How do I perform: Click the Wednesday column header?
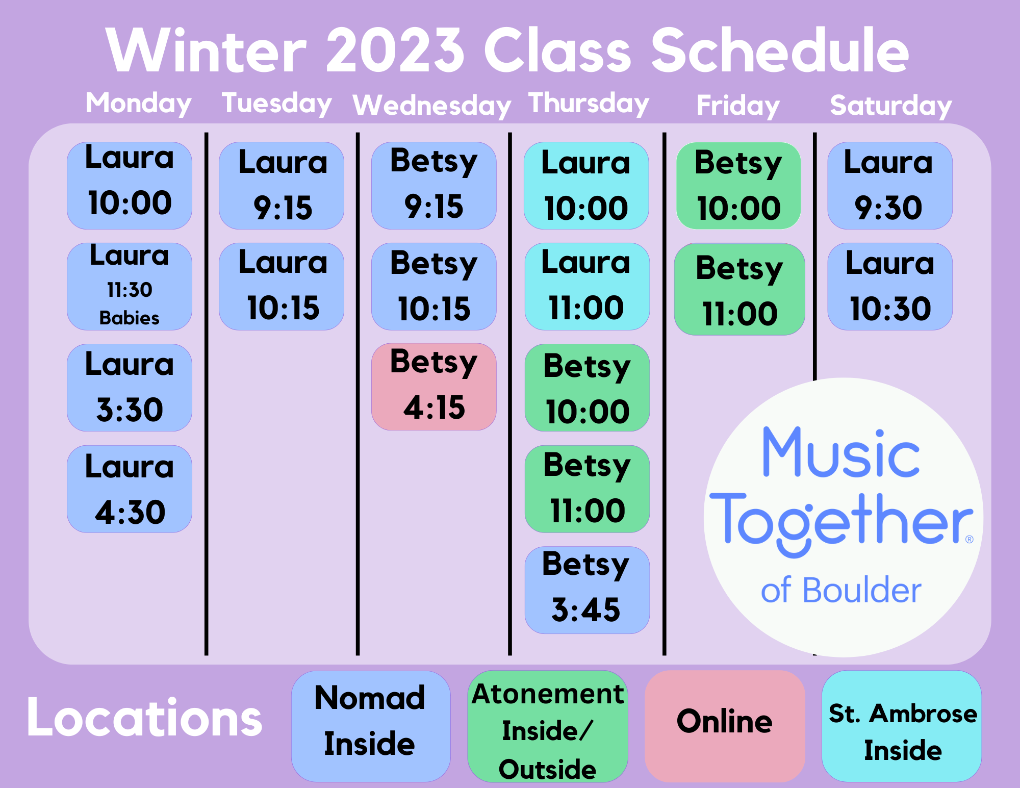[x=431, y=106]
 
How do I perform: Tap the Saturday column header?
[x=891, y=106]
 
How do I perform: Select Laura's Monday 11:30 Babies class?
[x=130, y=287]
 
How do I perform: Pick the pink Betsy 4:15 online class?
[x=434, y=387]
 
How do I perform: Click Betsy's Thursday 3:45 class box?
[x=587, y=590]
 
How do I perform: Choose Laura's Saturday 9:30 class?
[x=890, y=186]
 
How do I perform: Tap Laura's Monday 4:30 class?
[x=130, y=489]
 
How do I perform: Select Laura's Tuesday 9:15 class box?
[x=282, y=186]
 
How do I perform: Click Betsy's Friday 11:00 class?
[x=739, y=289]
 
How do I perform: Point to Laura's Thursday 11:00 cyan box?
[x=587, y=287]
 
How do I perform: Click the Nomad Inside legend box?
[x=371, y=726]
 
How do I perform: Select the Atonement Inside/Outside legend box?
[x=548, y=726]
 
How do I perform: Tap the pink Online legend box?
[x=725, y=726]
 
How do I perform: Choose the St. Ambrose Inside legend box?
[x=902, y=726]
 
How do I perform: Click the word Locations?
[x=144, y=718]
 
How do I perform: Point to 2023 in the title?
[x=395, y=50]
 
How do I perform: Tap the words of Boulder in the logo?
[x=841, y=590]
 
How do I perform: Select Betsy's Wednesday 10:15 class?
[x=434, y=287]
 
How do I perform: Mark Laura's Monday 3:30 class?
[x=130, y=388]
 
